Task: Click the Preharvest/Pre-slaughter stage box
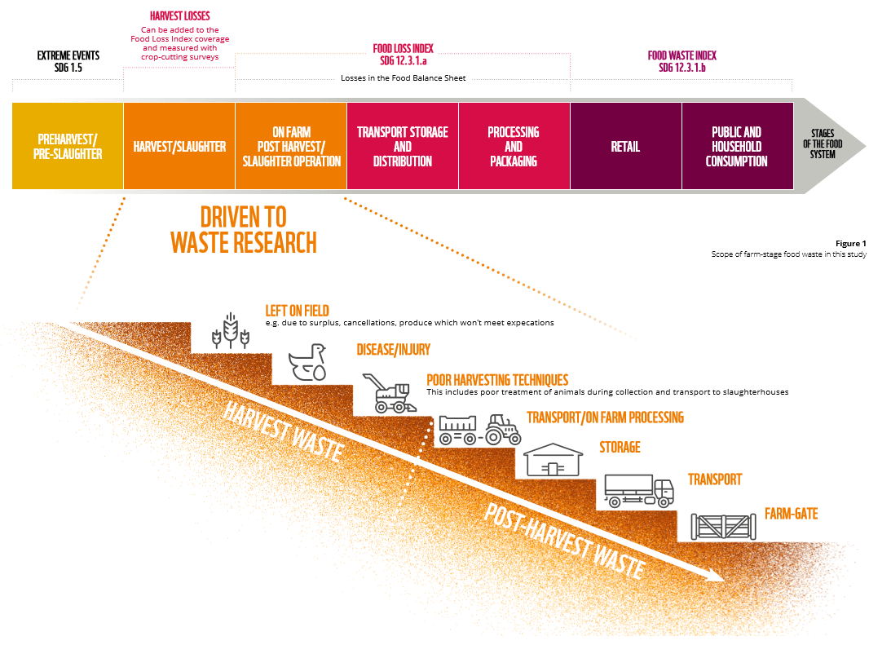pos(68,146)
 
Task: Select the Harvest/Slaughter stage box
pos(179,147)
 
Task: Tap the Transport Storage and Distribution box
pos(403,147)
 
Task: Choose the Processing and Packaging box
pos(514,147)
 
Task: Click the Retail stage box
pos(625,147)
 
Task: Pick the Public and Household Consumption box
pos(737,147)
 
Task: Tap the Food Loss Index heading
pos(403,54)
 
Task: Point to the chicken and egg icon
pos(309,363)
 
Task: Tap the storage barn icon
pos(555,459)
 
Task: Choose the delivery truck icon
pos(639,491)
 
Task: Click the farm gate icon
pos(722,525)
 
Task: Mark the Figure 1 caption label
pos(851,244)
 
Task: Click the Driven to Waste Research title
pos(244,229)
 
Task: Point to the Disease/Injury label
pos(393,350)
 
